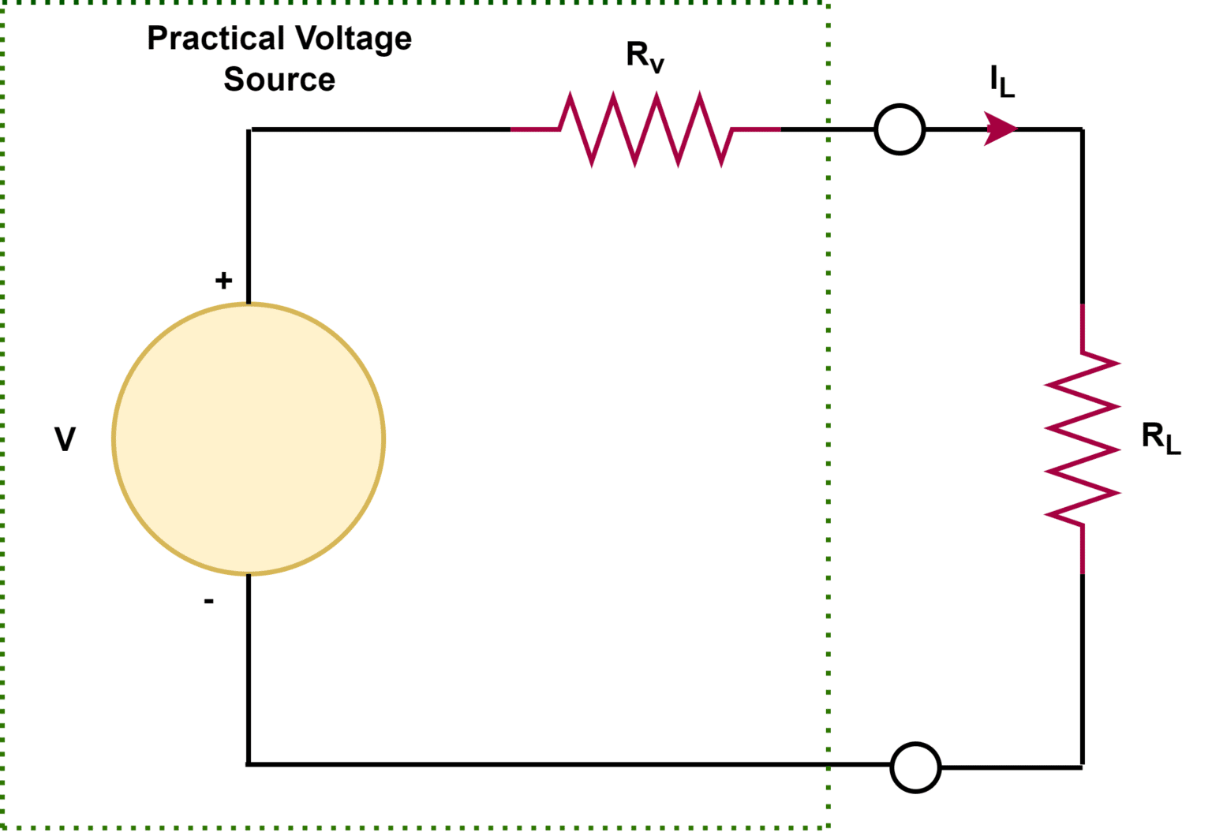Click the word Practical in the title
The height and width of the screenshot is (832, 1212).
(x=215, y=39)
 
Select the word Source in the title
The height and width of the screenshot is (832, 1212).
(x=279, y=80)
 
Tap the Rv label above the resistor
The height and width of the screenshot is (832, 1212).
(x=645, y=56)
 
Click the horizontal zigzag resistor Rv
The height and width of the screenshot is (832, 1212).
(x=645, y=129)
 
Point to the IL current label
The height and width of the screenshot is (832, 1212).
(x=1001, y=81)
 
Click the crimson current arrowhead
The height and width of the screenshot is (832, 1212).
(x=1000, y=129)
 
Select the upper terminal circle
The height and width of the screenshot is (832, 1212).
(x=900, y=129)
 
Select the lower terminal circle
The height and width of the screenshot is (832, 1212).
(x=915, y=767)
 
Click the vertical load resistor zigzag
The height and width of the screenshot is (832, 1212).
(x=1082, y=438)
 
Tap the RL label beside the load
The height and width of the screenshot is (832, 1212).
(x=1160, y=438)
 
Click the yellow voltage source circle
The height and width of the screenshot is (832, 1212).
(x=249, y=438)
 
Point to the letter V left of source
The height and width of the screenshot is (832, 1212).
(x=65, y=439)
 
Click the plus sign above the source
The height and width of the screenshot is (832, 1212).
(x=223, y=280)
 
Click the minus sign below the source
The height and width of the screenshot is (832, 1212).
(x=208, y=602)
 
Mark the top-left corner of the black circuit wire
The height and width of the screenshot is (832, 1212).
(x=249, y=129)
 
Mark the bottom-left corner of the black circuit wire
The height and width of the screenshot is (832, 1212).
(x=249, y=763)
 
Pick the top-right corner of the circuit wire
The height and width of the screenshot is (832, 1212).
(x=1082, y=129)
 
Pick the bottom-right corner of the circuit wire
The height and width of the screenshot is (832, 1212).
(x=1082, y=766)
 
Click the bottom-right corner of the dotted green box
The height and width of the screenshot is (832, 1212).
(x=828, y=827)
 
